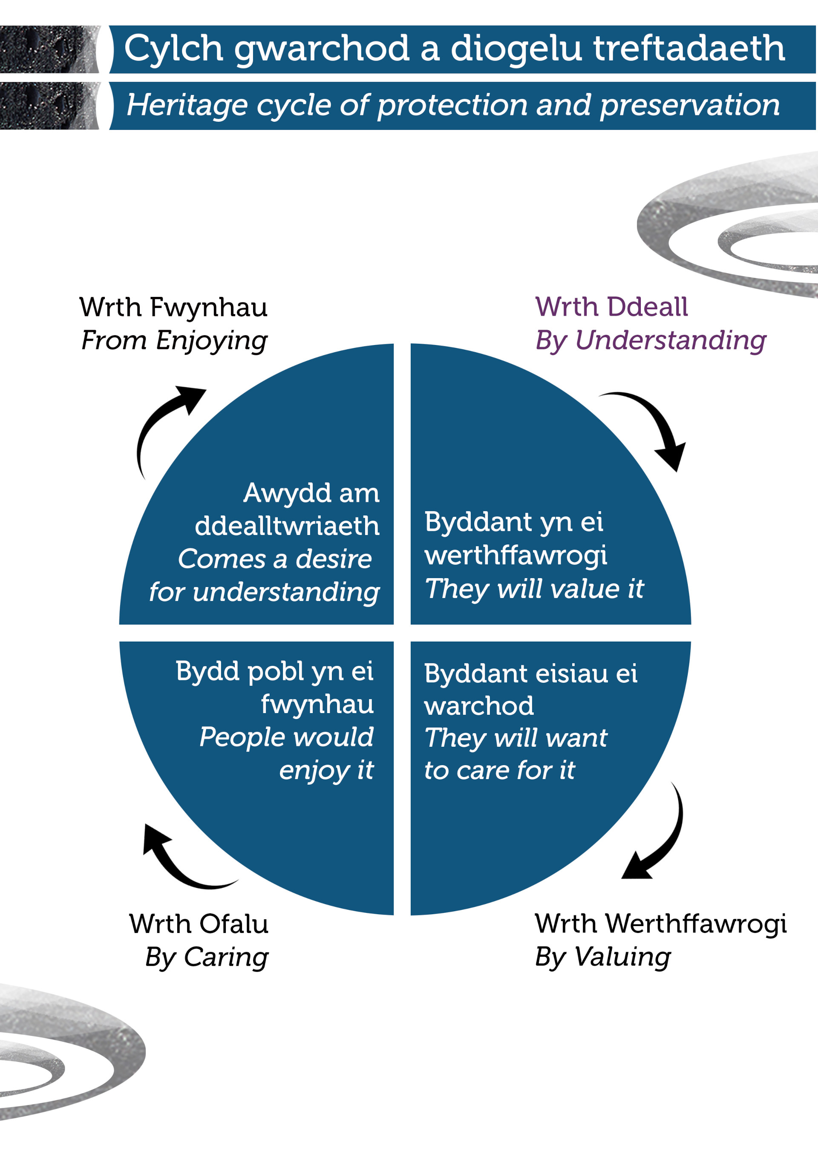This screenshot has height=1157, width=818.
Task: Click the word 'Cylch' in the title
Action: click(173, 49)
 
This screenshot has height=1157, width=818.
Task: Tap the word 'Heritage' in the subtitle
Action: click(187, 106)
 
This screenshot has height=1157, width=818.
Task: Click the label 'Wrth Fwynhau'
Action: click(173, 308)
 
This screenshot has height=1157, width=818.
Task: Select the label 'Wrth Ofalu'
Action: click(199, 924)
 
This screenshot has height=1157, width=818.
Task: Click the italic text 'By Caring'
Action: click(207, 956)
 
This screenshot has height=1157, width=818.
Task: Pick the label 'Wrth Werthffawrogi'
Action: click(660, 923)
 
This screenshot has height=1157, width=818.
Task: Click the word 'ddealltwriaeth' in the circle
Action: click(287, 526)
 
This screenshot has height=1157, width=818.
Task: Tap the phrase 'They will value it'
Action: click(534, 589)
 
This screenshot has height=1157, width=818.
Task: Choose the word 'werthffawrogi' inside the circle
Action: click(515, 555)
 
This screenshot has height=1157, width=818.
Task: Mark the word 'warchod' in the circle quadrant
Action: click(478, 705)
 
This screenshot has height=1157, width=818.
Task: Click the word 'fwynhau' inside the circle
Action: click(317, 704)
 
